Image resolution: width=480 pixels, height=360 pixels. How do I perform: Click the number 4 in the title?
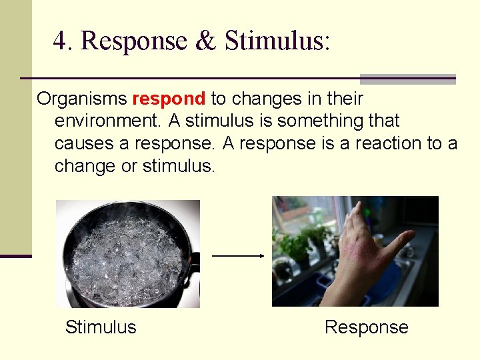point(61,41)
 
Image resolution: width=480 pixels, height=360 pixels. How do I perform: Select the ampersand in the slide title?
point(205,41)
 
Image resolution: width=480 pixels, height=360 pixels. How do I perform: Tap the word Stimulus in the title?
point(276,41)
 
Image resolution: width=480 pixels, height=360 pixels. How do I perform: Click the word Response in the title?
point(133,41)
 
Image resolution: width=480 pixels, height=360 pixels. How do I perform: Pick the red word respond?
point(169,99)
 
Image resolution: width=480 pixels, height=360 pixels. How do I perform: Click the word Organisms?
point(82,99)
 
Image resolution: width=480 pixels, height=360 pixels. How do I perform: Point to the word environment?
point(107,121)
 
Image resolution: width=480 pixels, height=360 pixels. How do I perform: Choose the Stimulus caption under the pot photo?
point(101,327)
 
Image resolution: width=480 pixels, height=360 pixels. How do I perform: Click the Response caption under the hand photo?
point(366,327)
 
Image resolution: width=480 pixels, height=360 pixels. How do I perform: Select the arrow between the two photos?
point(238,255)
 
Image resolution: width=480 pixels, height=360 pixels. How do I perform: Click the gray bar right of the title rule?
point(407,79)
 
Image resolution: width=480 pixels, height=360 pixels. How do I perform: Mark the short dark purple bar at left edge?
point(15,255)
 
